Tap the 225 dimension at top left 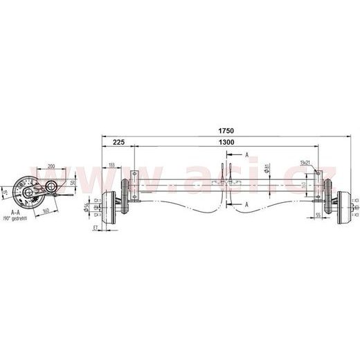118,142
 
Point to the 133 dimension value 112,165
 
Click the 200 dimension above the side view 52,166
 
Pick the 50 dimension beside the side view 73,181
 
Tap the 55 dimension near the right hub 317,216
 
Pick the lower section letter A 247,204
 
